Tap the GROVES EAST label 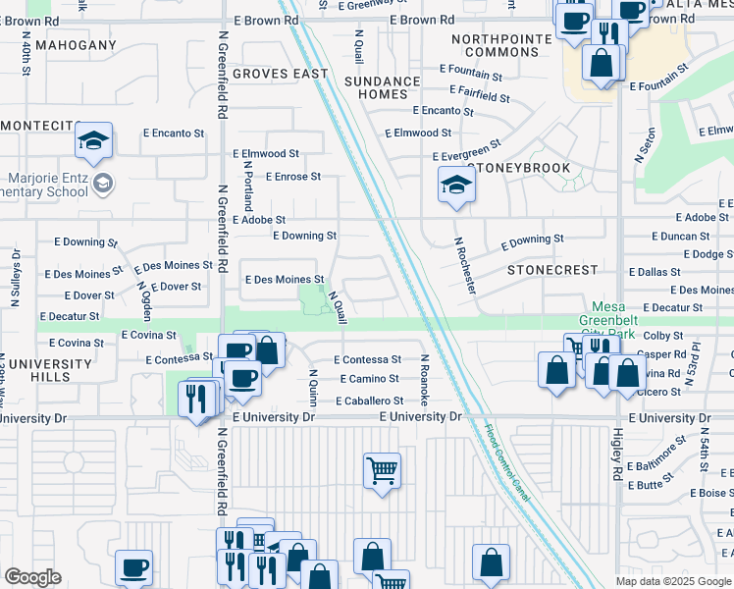click(x=281, y=74)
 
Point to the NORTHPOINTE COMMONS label click(x=502, y=45)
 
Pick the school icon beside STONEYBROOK click(x=456, y=185)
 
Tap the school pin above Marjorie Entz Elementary click(x=93, y=141)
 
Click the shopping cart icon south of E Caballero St click(x=382, y=470)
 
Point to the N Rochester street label click(x=465, y=265)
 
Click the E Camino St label click(x=369, y=379)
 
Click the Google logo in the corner click(x=32, y=577)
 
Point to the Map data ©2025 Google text click(x=673, y=581)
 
